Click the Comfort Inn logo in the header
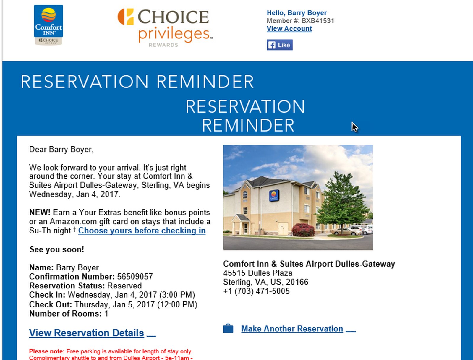pos(48,25)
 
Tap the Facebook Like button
pos(280,45)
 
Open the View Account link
pos(289,29)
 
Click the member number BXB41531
pos(318,21)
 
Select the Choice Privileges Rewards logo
pos(165,27)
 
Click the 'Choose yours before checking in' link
pos(142,231)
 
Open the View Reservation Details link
pos(87,333)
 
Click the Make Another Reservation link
pos(292,329)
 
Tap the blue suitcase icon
pos(228,329)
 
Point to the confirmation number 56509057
pos(135,277)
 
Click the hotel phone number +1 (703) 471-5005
pos(256,291)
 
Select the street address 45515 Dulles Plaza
pos(258,273)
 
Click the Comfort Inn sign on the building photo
pos(274,196)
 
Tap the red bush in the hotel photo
pos(303,230)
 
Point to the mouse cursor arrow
pos(354,127)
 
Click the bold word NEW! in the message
pos(40,213)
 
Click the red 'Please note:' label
pos(47,351)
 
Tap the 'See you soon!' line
pos(57,249)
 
